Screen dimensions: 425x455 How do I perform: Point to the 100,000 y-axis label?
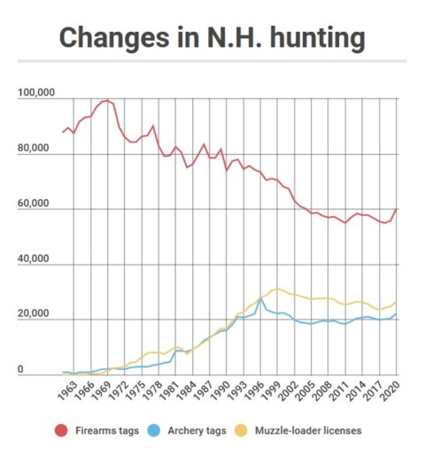coord(36,92)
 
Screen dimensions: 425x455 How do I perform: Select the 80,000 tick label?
coord(33,148)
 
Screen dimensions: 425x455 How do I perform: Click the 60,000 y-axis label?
coord(33,203)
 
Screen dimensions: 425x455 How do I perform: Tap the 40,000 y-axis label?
coord(33,258)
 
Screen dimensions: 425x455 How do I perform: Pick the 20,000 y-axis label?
coord(33,313)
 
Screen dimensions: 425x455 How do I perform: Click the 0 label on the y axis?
coord(20,369)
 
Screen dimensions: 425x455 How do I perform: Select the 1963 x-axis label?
coord(67,391)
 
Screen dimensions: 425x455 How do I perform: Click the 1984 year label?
coord(187,391)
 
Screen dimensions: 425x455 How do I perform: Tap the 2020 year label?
coord(390,391)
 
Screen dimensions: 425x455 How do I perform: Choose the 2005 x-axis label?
coord(305,391)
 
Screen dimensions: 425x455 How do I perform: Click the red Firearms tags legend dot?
coord(61,430)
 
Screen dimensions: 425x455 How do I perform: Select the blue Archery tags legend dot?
coord(154,430)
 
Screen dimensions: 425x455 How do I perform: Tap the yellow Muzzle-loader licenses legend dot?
coord(241,430)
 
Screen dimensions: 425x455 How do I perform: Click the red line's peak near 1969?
coord(107,101)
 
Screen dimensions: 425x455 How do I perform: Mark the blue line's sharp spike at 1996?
coord(260,298)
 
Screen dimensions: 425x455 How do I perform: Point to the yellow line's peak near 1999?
coord(277,289)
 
